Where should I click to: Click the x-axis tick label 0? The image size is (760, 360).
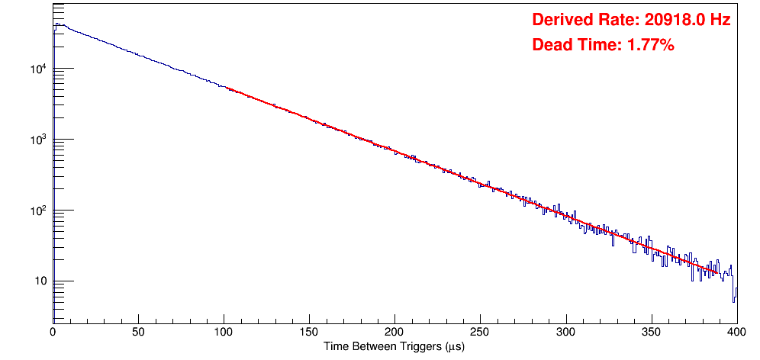point(53,333)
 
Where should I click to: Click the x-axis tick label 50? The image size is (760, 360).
point(138,333)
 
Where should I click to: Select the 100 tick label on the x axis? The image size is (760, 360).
point(224,333)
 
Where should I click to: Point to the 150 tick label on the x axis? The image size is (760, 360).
point(309,333)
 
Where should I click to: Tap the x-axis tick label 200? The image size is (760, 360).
point(394,333)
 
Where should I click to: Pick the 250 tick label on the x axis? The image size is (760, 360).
point(480,333)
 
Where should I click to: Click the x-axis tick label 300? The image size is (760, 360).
point(565,333)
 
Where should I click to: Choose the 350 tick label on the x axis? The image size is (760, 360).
point(651,333)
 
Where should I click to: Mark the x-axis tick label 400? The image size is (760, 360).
point(736,333)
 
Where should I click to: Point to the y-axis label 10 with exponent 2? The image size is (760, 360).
point(37,211)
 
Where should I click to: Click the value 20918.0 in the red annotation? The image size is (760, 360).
point(671,21)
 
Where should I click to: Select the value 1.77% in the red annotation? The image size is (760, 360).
point(650,46)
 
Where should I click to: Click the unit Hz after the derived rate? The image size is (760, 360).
point(721,21)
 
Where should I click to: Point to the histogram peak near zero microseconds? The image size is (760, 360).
point(56,24)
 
